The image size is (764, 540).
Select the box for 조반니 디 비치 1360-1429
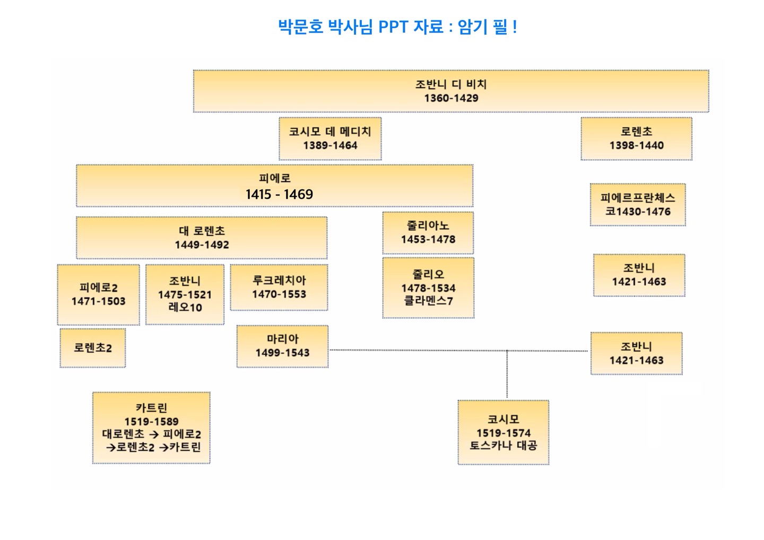[x=450, y=91]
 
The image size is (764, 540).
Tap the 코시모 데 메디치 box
[x=330, y=138]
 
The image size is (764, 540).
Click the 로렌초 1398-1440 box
[x=636, y=138]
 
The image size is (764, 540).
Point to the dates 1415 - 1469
[x=279, y=194]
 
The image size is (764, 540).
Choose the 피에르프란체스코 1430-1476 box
[x=637, y=205]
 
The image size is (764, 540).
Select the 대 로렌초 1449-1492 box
[x=202, y=238]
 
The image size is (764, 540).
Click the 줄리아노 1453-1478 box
[x=428, y=232]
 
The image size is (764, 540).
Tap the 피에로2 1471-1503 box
[x=98, y=294]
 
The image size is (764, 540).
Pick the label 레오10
[x=185, y=308]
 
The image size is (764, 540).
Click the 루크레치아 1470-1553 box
[x=279, y=287]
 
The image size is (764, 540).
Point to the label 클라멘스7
[x=428, y=301]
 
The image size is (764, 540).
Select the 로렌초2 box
[x=93, y=348]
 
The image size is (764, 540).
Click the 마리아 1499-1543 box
[x=282, y=346]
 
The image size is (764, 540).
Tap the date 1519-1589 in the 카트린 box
[x=151, y=422]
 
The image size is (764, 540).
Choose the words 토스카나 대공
[x=503, y=446]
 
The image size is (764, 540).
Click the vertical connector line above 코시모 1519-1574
[x=507, y=374]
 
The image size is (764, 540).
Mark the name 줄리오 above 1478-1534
[x=428, y=274]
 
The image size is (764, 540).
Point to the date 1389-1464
[x=330, y=145]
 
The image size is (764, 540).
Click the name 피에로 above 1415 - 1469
[x=275, y=178]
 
